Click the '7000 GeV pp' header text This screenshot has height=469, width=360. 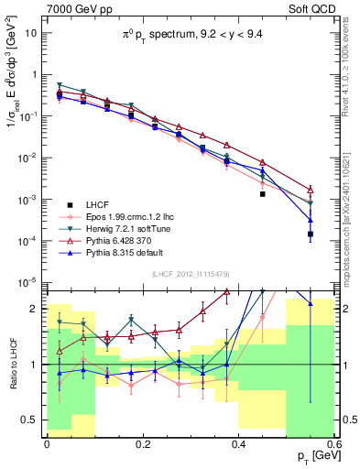[76, 9]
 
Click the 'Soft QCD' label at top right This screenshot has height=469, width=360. [311, 9]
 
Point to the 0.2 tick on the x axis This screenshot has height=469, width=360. [142, 445]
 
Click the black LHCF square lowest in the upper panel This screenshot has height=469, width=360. [311, 234]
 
